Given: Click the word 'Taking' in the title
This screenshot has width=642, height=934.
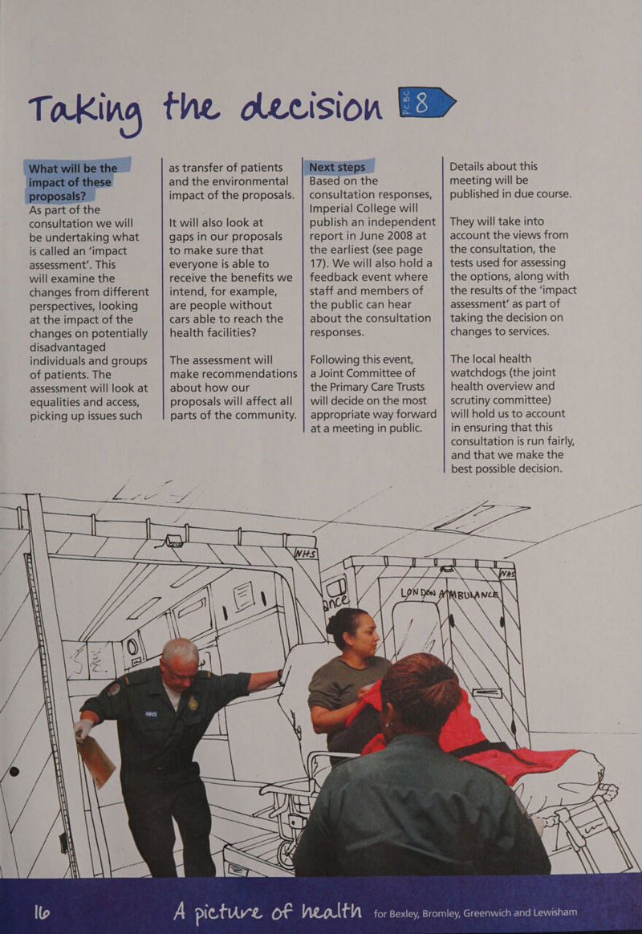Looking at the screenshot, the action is click(x=86, y=111).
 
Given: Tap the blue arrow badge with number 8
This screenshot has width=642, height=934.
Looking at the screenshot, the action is click(x=426, y=103).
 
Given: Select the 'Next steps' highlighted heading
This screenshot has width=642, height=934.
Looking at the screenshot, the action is click(x=337, y=167).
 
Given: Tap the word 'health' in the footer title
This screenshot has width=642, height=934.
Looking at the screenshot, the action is click(x=331, y=910).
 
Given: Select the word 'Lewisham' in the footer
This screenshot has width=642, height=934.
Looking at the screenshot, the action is click(x=555, y=912).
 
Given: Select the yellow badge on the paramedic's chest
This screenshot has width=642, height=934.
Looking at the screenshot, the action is click(x=193, y=704).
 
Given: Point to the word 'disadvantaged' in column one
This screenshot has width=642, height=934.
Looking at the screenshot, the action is click(x=67, y=347).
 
